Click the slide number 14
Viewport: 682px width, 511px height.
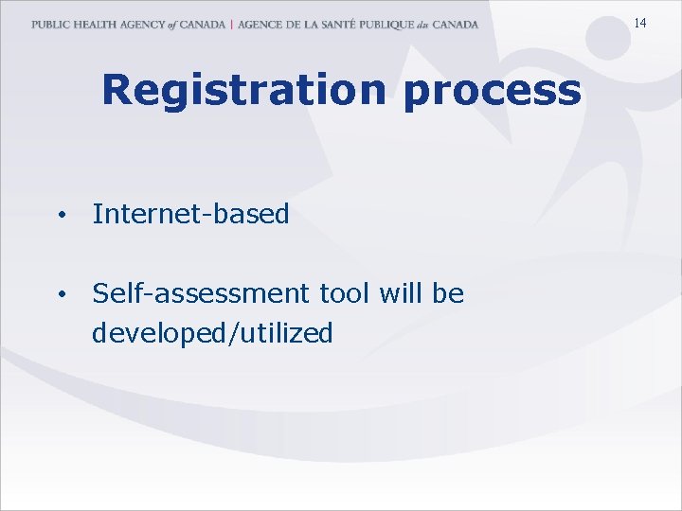[640, 23]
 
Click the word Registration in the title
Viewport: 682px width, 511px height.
[243, 90]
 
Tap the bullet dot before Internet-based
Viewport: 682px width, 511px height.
[60, 216]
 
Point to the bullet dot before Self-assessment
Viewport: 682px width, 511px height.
[60, 295]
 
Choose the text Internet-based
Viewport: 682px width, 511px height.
[190, 214]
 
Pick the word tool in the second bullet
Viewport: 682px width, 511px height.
[343, 294]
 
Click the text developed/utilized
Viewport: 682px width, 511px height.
[212, 333]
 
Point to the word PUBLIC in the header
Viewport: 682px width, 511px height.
[50, 25]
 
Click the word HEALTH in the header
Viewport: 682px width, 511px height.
[95, 25]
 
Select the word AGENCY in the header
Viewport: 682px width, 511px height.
[141, 25]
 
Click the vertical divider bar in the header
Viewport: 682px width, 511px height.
[231, 25]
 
